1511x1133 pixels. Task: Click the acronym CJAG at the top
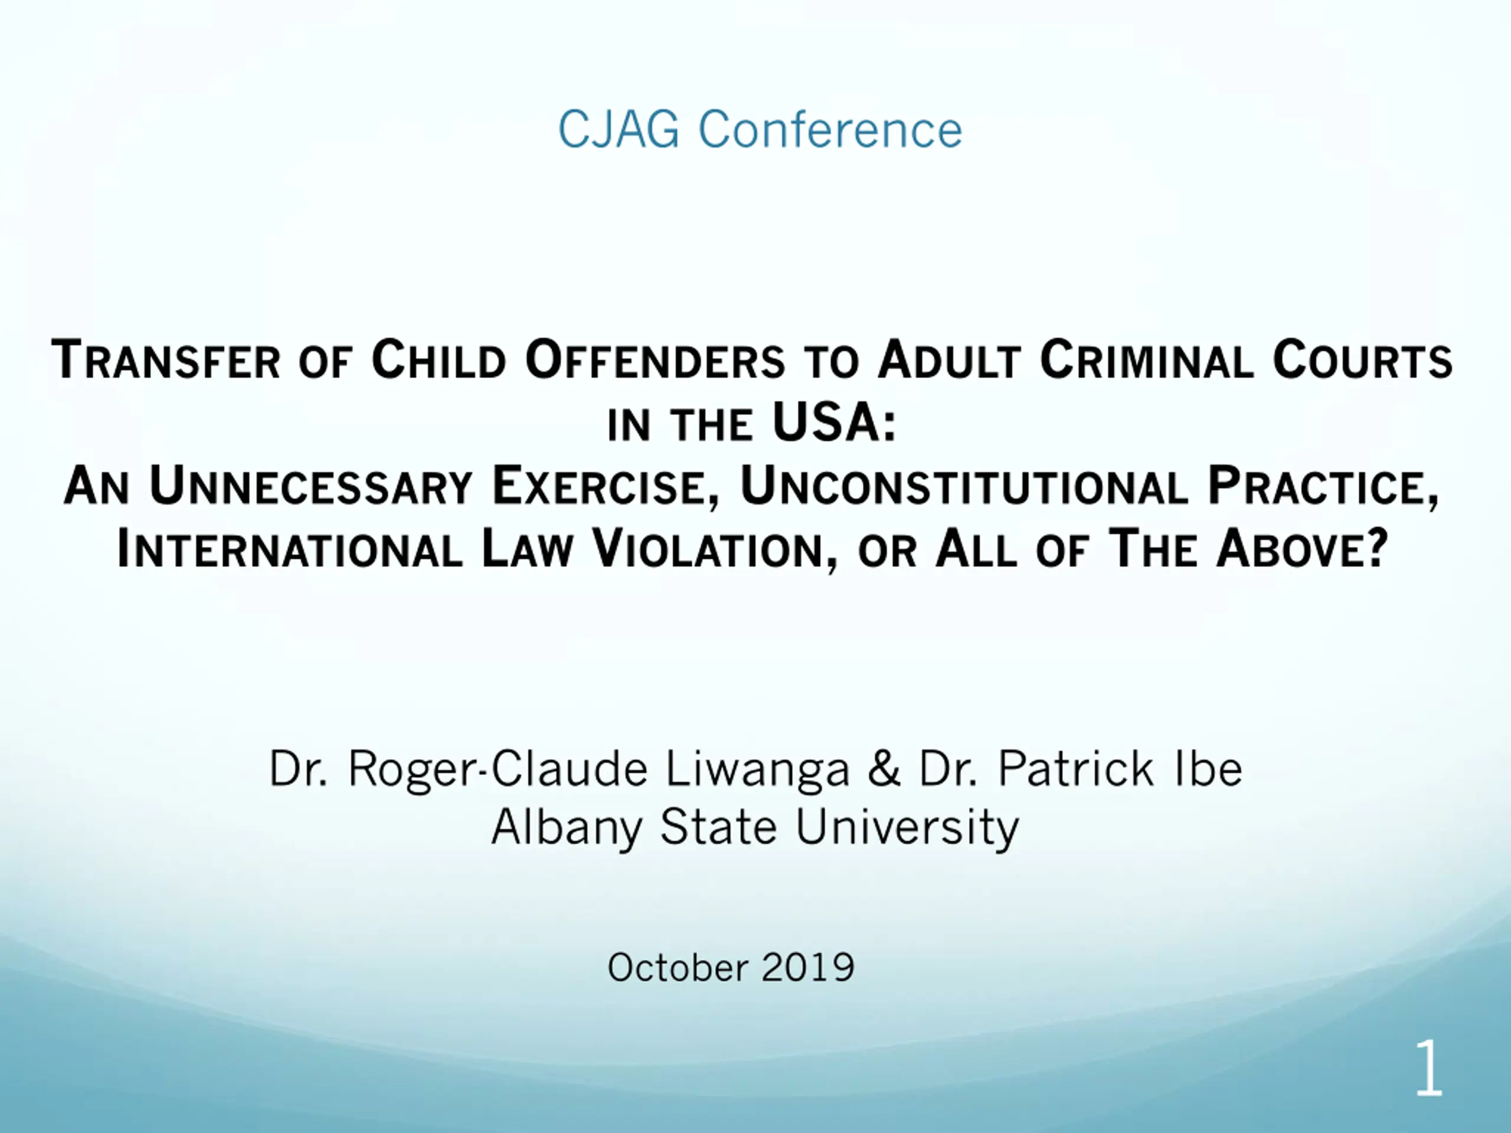click(x=619, y=129)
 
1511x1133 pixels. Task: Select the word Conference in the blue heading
click(x=830, y=129)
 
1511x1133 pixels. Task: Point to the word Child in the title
click(x=439, y=359)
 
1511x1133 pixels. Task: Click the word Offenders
click(x=655, y=359)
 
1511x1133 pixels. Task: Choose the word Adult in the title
click(x=949, y=359)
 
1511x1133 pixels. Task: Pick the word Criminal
click(x=1146, y=359)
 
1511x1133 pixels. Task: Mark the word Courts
click(x=1362, y=359)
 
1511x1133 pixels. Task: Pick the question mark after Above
click(x=1378, y=548)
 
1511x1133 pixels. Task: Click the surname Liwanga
click(x=757, y=768)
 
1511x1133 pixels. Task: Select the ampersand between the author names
click(x=884, y=768)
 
